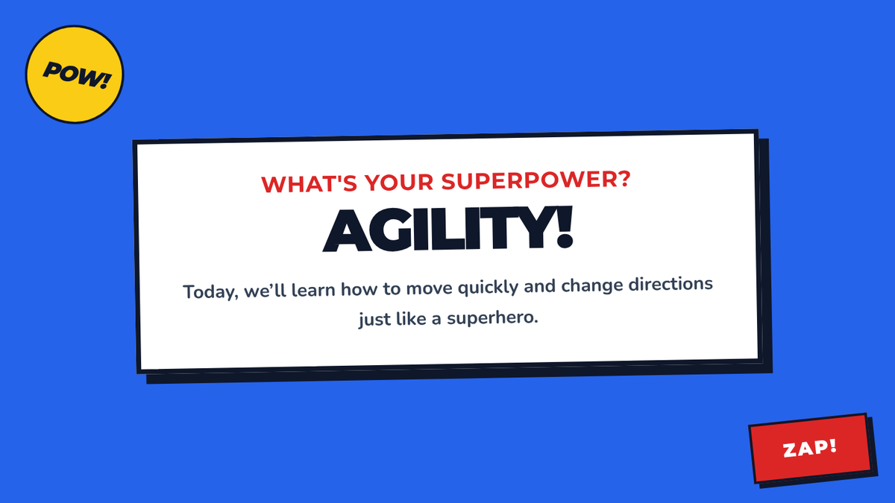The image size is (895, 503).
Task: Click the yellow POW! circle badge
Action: tap(75, 75)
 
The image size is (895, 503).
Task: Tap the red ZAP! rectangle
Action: tap(810, 449)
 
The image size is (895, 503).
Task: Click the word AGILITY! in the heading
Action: tap(448, 230)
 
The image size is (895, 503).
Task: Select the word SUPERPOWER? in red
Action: tap(536, 180)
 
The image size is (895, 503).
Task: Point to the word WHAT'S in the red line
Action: tap(309, 184)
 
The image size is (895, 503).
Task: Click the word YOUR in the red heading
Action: tap(399, 183)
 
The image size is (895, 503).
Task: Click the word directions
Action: tap(671, 285)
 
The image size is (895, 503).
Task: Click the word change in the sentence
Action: tap(591, 286)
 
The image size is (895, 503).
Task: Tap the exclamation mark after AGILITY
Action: tap(565, 227)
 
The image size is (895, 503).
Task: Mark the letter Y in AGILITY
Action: tap(533, 227)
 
